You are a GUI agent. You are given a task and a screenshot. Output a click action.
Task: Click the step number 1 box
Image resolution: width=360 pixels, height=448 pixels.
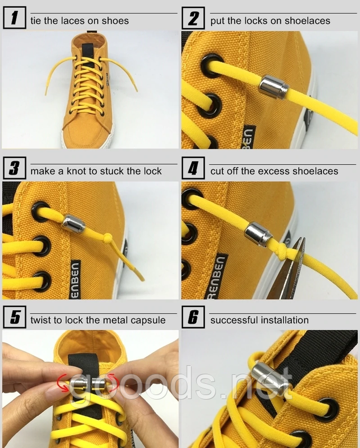pyautogui.click(x=14, y=18)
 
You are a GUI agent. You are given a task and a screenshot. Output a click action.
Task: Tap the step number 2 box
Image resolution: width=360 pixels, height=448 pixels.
pyautogui.click(x=193, y=18)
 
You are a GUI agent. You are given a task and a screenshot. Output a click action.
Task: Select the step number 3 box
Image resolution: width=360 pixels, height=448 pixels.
pyautogui.click(x=14, y=168)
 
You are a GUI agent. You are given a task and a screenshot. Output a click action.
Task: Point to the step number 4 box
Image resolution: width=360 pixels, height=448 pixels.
pyautogui.click(x=193, y=168)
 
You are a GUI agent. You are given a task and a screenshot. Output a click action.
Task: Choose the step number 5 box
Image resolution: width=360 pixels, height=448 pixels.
pyautogui.click(x=14, y=317)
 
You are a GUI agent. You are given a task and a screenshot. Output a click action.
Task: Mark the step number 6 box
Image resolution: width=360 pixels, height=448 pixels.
pyautogui.click(x=193, y=317)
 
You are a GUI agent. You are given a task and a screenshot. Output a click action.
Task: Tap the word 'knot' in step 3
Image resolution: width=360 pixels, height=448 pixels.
pyautogui.click(x=76, y=171)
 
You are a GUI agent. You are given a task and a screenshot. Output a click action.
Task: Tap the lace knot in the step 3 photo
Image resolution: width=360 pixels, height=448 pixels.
pyautogui.click(x=107, y=238)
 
